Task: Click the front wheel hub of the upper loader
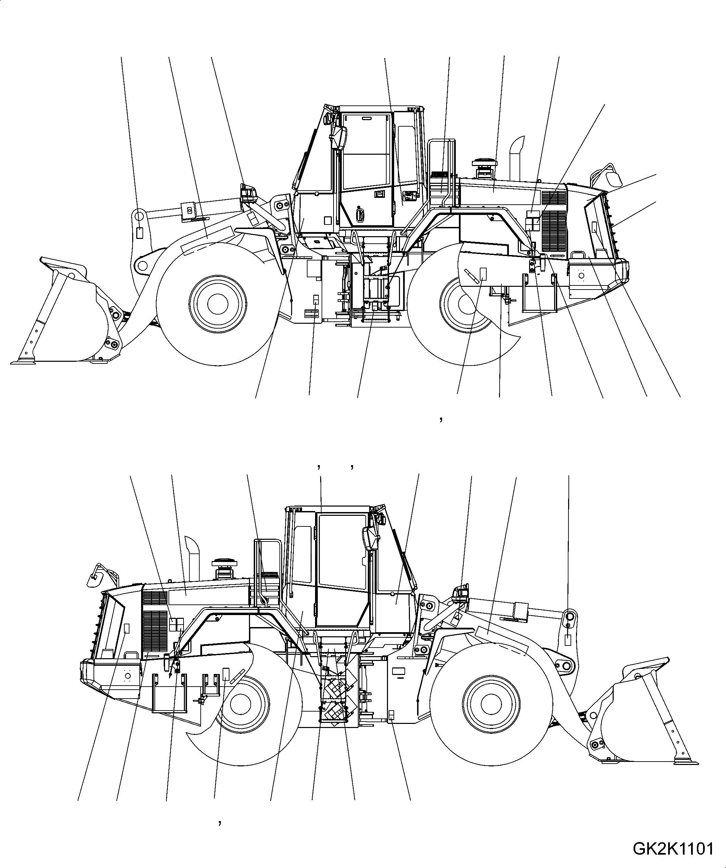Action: click(217, 304)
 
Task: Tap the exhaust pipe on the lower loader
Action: click(192, 558)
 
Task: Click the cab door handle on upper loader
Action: click(360, 215)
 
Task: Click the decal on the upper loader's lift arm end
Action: click(140, 233)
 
